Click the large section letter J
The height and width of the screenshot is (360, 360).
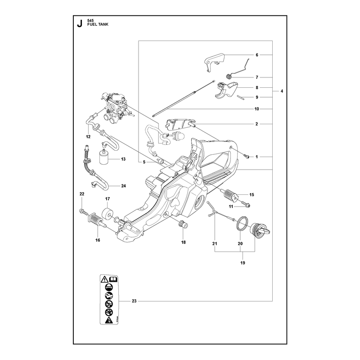click(80, 23)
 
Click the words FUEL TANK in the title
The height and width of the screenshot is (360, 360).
click(98, 24)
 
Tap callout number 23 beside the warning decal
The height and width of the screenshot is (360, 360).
click(134, 301)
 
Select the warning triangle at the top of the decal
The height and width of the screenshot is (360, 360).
click(104, 279)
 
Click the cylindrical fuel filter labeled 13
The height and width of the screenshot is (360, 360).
click(104, 158)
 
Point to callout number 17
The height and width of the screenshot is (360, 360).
click(108, 199)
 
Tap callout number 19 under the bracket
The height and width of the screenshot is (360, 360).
click(243, 263)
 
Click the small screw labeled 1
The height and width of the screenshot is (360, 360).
click(247, 157)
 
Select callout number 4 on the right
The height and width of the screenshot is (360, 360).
click(282, 91)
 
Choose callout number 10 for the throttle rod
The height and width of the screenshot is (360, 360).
click(256, 109)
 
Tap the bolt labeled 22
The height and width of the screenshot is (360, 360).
click(84, 211)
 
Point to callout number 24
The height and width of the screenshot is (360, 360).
click(123, 186)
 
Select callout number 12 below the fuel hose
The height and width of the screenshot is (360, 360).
click(88, 137)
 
